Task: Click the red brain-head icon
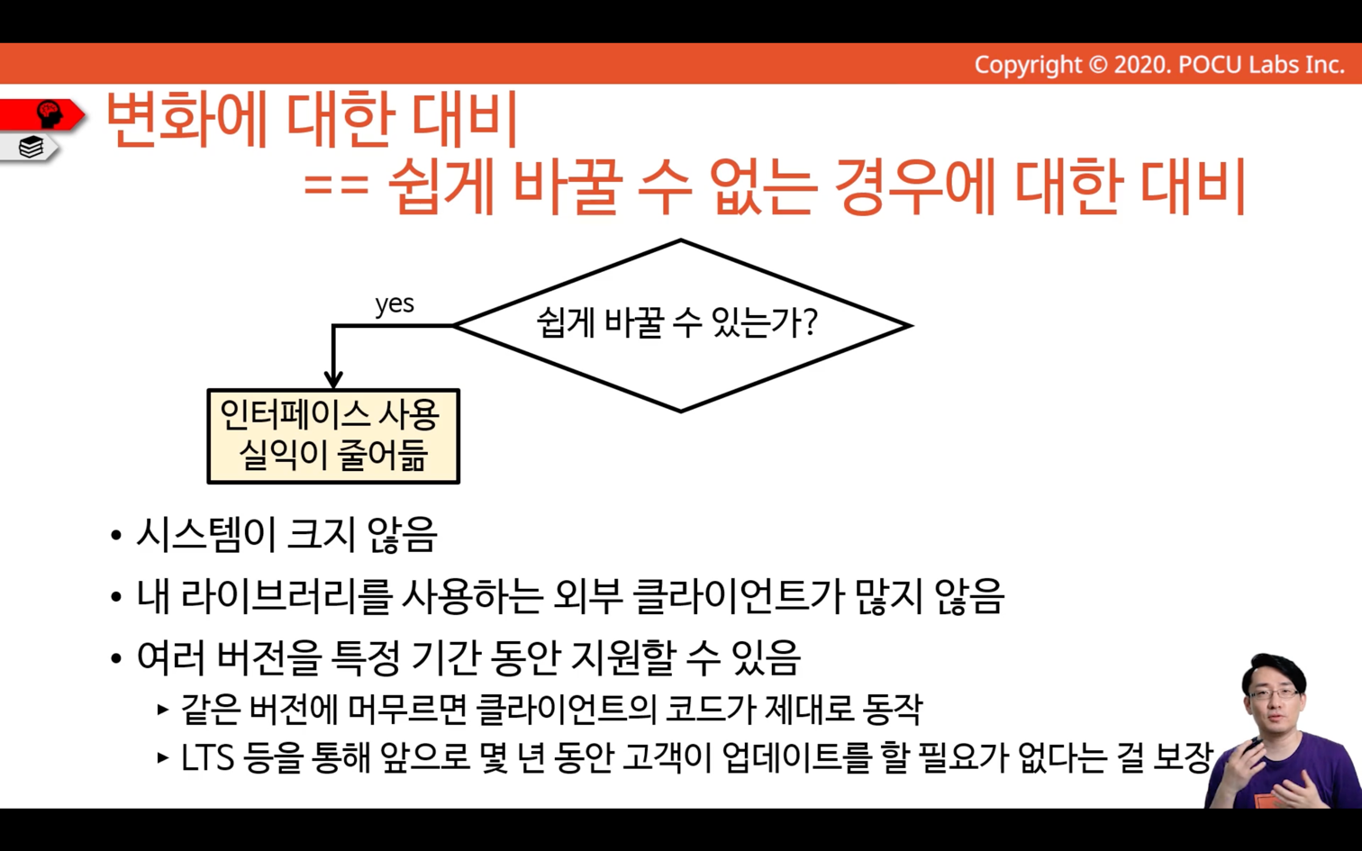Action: [x=50, y=114]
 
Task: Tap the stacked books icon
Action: [x=31, y=147]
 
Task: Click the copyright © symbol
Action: [x=1097, y=64]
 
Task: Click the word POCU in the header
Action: [x=1211, y=64]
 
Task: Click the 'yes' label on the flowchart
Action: [x=395, y=303]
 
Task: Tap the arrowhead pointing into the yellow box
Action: [x=333, y=379]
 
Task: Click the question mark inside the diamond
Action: [x=809, y=322]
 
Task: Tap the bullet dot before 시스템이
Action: [x=116, y=537]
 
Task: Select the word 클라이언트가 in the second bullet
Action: [x=739, y=596]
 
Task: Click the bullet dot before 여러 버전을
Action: [x=116, y=659]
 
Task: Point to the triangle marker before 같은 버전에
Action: [x=162, y=710]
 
